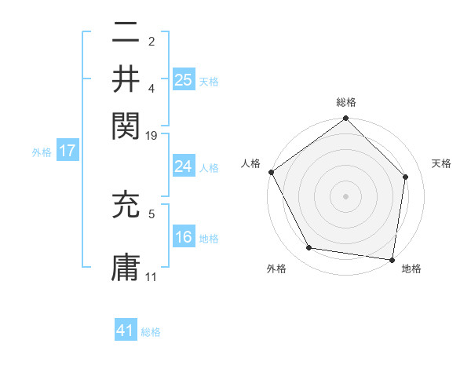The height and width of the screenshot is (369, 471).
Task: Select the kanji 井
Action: [x=126, y=79]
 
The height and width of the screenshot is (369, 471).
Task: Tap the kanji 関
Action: [x=126, y=124]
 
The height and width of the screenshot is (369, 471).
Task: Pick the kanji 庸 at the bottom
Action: [x=126, y=266]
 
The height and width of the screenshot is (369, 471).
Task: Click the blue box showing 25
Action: [x=184, y=79]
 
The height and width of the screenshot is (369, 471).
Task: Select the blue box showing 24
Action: [x=184, y=166]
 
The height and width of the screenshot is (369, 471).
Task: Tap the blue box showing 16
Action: [x=184, y=237]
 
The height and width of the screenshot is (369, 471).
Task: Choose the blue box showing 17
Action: [x=67, y=151]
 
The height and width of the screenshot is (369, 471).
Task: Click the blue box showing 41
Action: [x=126, y=331]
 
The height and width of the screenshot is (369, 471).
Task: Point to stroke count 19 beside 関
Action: [x=152, y=137]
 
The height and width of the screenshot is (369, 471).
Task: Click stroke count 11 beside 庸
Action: [x=152, y=277]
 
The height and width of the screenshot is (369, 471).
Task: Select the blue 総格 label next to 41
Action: [x=151, y=332]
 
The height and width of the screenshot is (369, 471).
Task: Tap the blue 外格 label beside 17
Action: [x=42, y=152]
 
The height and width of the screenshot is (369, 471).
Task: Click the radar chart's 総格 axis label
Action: [x=346, y=102]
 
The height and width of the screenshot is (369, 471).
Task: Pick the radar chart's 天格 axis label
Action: [x=442, y=163]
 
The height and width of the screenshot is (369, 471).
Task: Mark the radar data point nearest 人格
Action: [x=272, y=172]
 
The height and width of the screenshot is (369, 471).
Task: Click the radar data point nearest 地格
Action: [x=392, y=259]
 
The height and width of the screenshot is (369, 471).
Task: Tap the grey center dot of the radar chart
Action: [x=346, y=195]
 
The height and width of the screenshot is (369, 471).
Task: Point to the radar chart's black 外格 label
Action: [x=276, y=269]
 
